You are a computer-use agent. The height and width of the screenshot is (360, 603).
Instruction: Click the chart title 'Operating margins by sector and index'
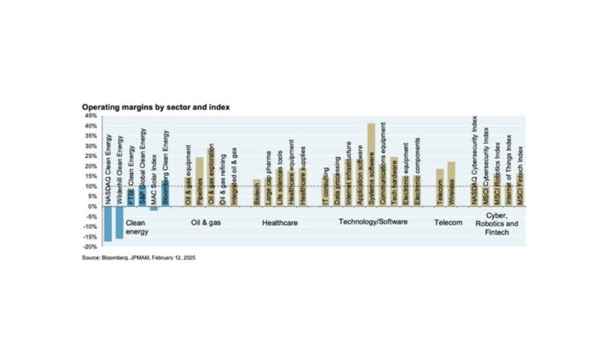pyautogui.click(x=155, y=106)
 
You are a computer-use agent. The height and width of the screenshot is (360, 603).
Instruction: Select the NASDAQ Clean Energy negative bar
pyautogui.click(x=108, y=224)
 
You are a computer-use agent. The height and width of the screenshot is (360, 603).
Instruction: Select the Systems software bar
pyautogui.click(x=371, y=164)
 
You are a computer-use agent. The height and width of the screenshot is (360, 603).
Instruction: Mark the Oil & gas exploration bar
pyautogui.click(x=211, y=177)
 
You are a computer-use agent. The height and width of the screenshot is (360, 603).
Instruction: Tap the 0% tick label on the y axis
pyautogui.click(x=92, y=206)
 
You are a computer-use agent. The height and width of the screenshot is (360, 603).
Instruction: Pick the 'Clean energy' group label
pyautogui.click(x=138, y=227)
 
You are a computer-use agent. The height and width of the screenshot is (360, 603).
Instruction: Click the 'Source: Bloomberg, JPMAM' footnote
pyautogui.click(x=139, y=257)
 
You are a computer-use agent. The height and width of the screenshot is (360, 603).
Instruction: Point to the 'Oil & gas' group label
pyautogui.click(x=208, y=222)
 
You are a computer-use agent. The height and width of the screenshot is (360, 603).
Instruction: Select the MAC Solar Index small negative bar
pyautogui.click(x=153, y=208)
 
